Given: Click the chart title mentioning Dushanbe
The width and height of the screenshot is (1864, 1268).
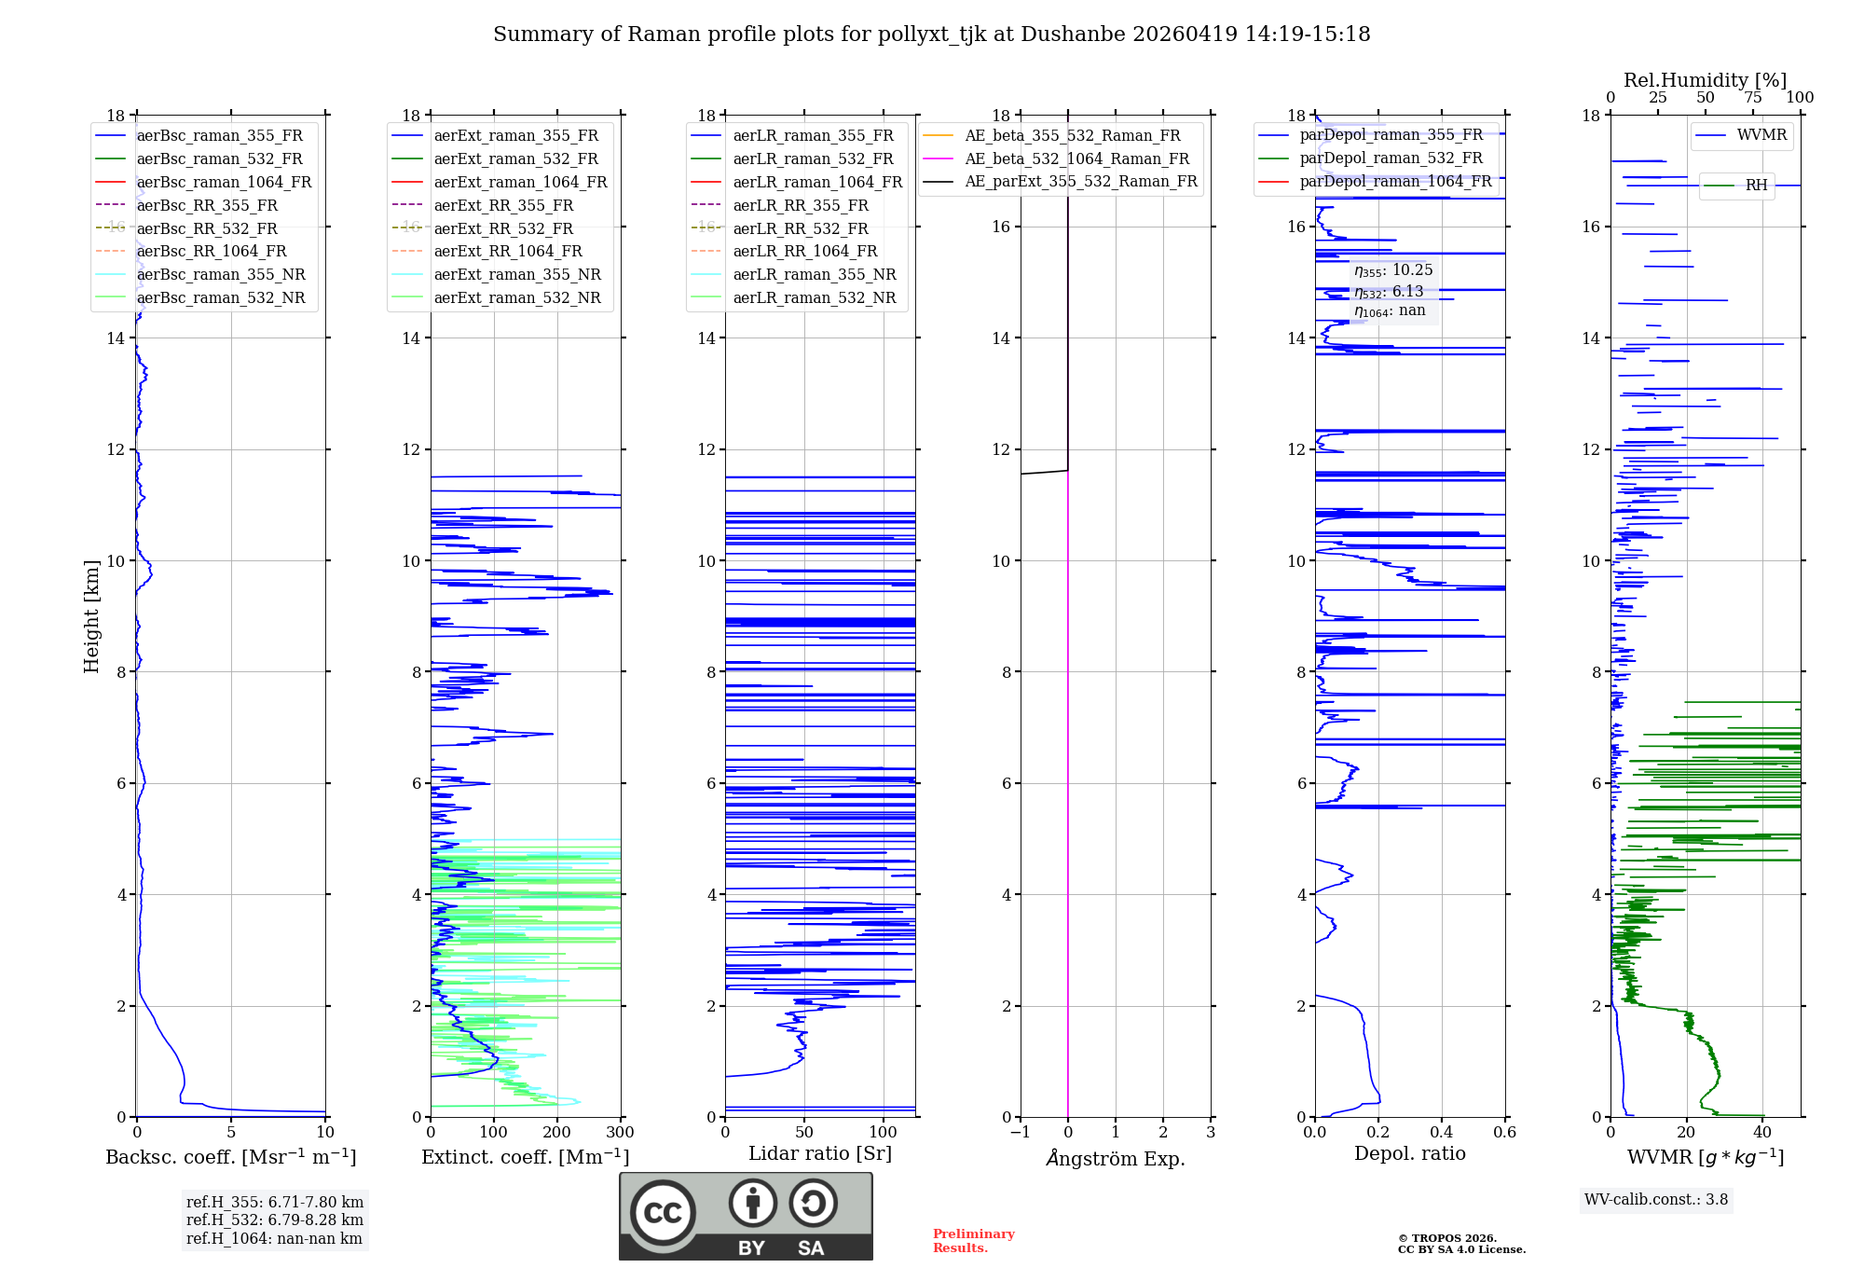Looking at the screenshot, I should coord(931,34).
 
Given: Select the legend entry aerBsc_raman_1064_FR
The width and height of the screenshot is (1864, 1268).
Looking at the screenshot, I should coord(224,182).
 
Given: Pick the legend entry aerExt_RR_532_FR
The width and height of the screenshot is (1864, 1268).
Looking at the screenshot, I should coord(503,228).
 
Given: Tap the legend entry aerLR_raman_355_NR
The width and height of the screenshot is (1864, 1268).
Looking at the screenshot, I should coord(814,274).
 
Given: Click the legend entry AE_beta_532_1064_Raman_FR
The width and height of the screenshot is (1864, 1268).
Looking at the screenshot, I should coord(1076,158).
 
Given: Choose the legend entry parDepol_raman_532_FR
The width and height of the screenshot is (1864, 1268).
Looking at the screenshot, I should coord(1391,158).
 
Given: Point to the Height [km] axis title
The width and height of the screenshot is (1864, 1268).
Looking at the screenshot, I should coord(91,615).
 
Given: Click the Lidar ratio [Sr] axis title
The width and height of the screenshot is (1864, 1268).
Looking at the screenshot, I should coord(819,1153).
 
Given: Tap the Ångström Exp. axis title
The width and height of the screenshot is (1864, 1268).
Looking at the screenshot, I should coord(1115,1158).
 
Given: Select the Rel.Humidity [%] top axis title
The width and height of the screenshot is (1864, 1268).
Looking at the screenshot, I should coord(1705,80).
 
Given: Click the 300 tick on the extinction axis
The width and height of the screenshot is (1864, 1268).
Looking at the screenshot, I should coord(620,1133).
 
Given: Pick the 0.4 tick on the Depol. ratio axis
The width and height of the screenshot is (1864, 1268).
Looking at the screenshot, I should coord(1442,1133).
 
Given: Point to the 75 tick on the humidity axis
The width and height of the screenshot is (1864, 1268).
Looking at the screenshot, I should coord(1752,98).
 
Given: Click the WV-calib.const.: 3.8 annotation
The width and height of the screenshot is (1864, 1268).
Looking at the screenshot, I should coord(1655,1200).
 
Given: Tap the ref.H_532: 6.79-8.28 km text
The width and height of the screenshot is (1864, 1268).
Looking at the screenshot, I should coord(274,1220).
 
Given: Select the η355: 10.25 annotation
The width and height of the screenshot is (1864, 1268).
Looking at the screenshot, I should coord(1393,270).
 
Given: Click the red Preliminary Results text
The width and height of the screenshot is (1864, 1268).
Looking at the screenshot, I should coord(973,1240).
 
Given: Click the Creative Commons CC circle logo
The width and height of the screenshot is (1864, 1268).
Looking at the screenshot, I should coord(663,1212).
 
